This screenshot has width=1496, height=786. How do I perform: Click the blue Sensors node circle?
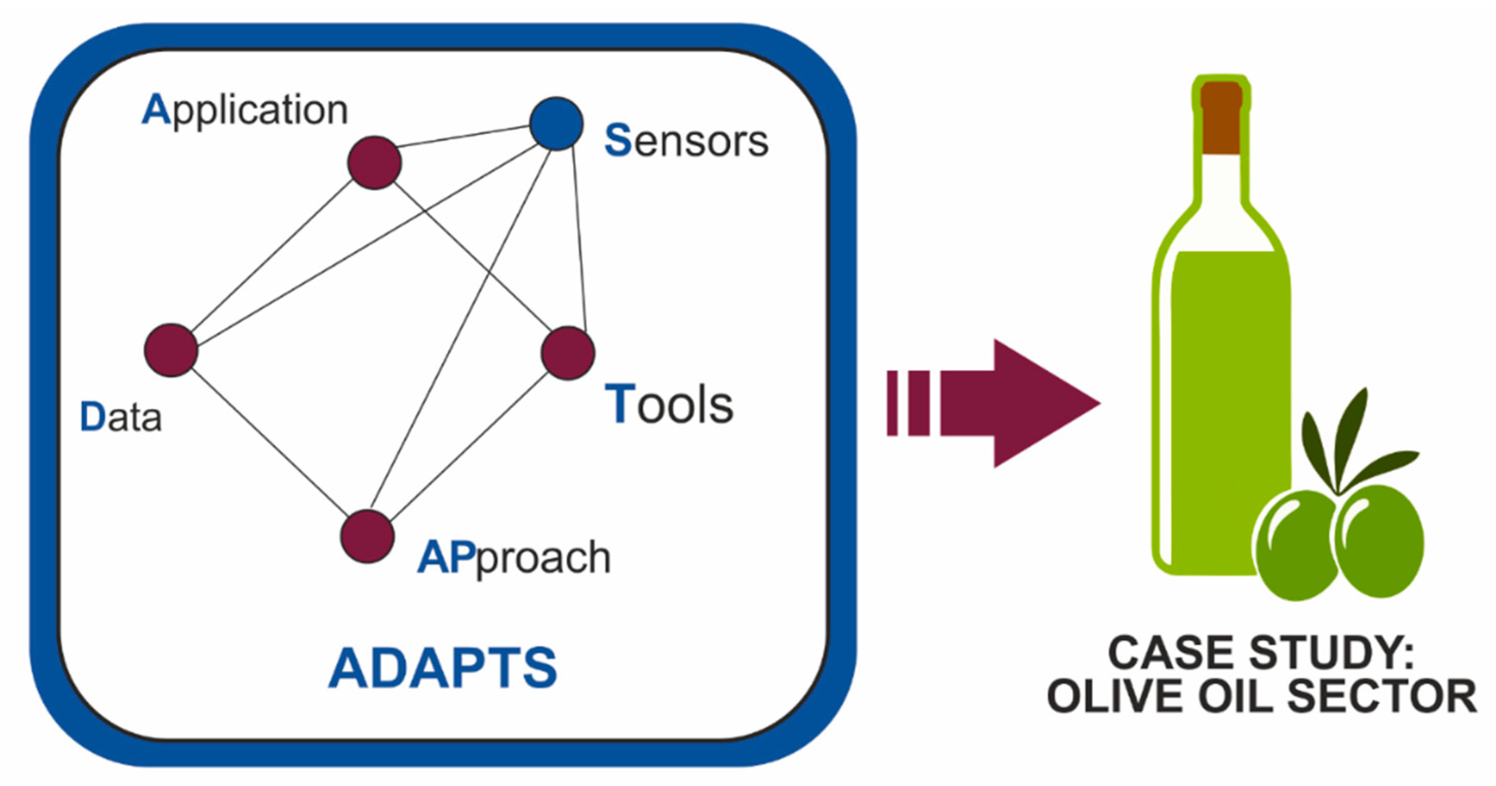[x=556, y=124]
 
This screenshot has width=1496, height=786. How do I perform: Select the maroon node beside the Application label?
[x=375, y=163]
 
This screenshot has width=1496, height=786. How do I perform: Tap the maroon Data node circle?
[x=171, y=350]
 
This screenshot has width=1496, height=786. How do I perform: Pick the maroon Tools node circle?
[x=568, y=353]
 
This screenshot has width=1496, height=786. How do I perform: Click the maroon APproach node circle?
[x=367, y=536]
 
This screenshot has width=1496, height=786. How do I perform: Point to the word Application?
[x=245, y=110]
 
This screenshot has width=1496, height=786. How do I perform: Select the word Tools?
[x=669, y=404]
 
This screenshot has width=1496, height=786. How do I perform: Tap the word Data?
[x=121, y=417]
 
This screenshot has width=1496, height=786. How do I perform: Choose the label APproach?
[x=514, y=557]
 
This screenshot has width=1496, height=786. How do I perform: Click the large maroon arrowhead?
[x=1040, y=403]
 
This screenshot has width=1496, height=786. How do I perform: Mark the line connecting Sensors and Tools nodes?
[x=579, y=238]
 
